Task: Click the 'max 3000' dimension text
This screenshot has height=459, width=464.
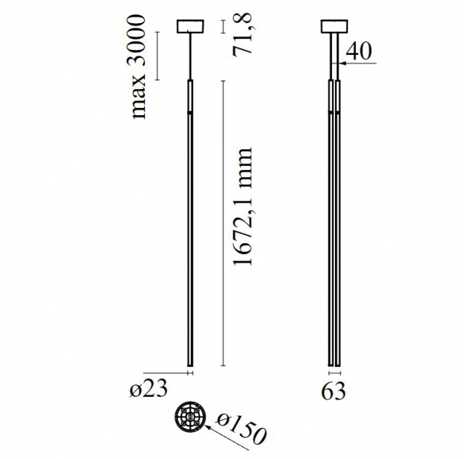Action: pyautogui.click(x=138, y=67)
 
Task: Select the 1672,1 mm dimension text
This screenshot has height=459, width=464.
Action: pyautogui.click(x=242, y=206)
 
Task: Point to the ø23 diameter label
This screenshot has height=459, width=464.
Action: pyautogui.click(x=148, y=389)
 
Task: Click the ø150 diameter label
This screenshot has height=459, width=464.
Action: pyautogui.click(x=241, y=429)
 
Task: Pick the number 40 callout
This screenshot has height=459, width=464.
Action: pyautogui.click(x=358, y=51)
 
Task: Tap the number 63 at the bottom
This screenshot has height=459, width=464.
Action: pyautogui.click(x=333, y=392)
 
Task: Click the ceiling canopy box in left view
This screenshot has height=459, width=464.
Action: pyautogui.click(x=190, y=26)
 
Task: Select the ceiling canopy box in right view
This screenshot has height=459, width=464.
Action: pyautogui.click(x=334, y=26)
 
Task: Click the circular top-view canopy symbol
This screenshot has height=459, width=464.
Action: pyautogui.click(x=190, y=416)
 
